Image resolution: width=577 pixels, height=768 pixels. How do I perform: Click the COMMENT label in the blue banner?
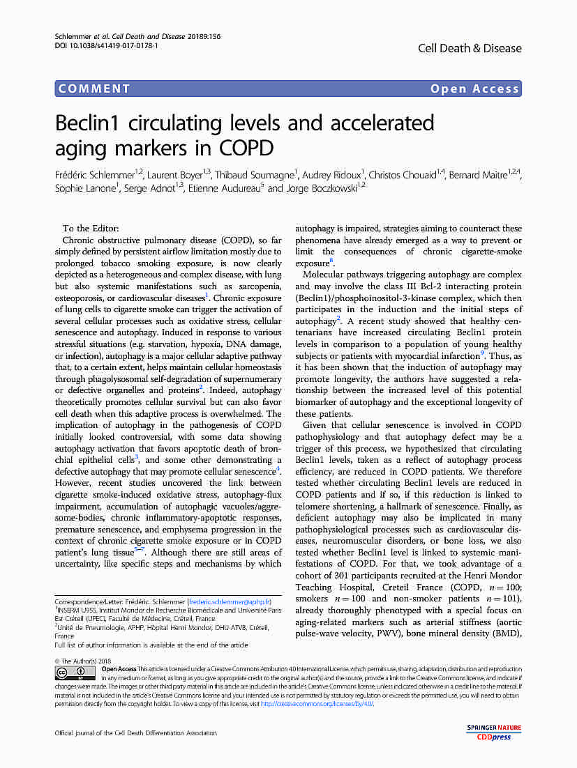(x=95, y=89)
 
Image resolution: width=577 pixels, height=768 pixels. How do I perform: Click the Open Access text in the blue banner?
(x=474, y=89)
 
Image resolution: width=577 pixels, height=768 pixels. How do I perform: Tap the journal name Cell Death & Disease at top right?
(x=470, y=48)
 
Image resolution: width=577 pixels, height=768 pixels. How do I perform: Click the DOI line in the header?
(x=106, y=45)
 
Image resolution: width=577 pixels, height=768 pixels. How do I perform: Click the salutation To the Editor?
(x=91, y=229)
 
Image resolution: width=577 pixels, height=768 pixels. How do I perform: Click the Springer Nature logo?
(x=494, y=728)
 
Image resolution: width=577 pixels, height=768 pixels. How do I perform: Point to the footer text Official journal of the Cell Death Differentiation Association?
(x=136, y=732)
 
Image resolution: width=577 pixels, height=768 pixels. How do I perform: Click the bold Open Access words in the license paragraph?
(x=119, y=668)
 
